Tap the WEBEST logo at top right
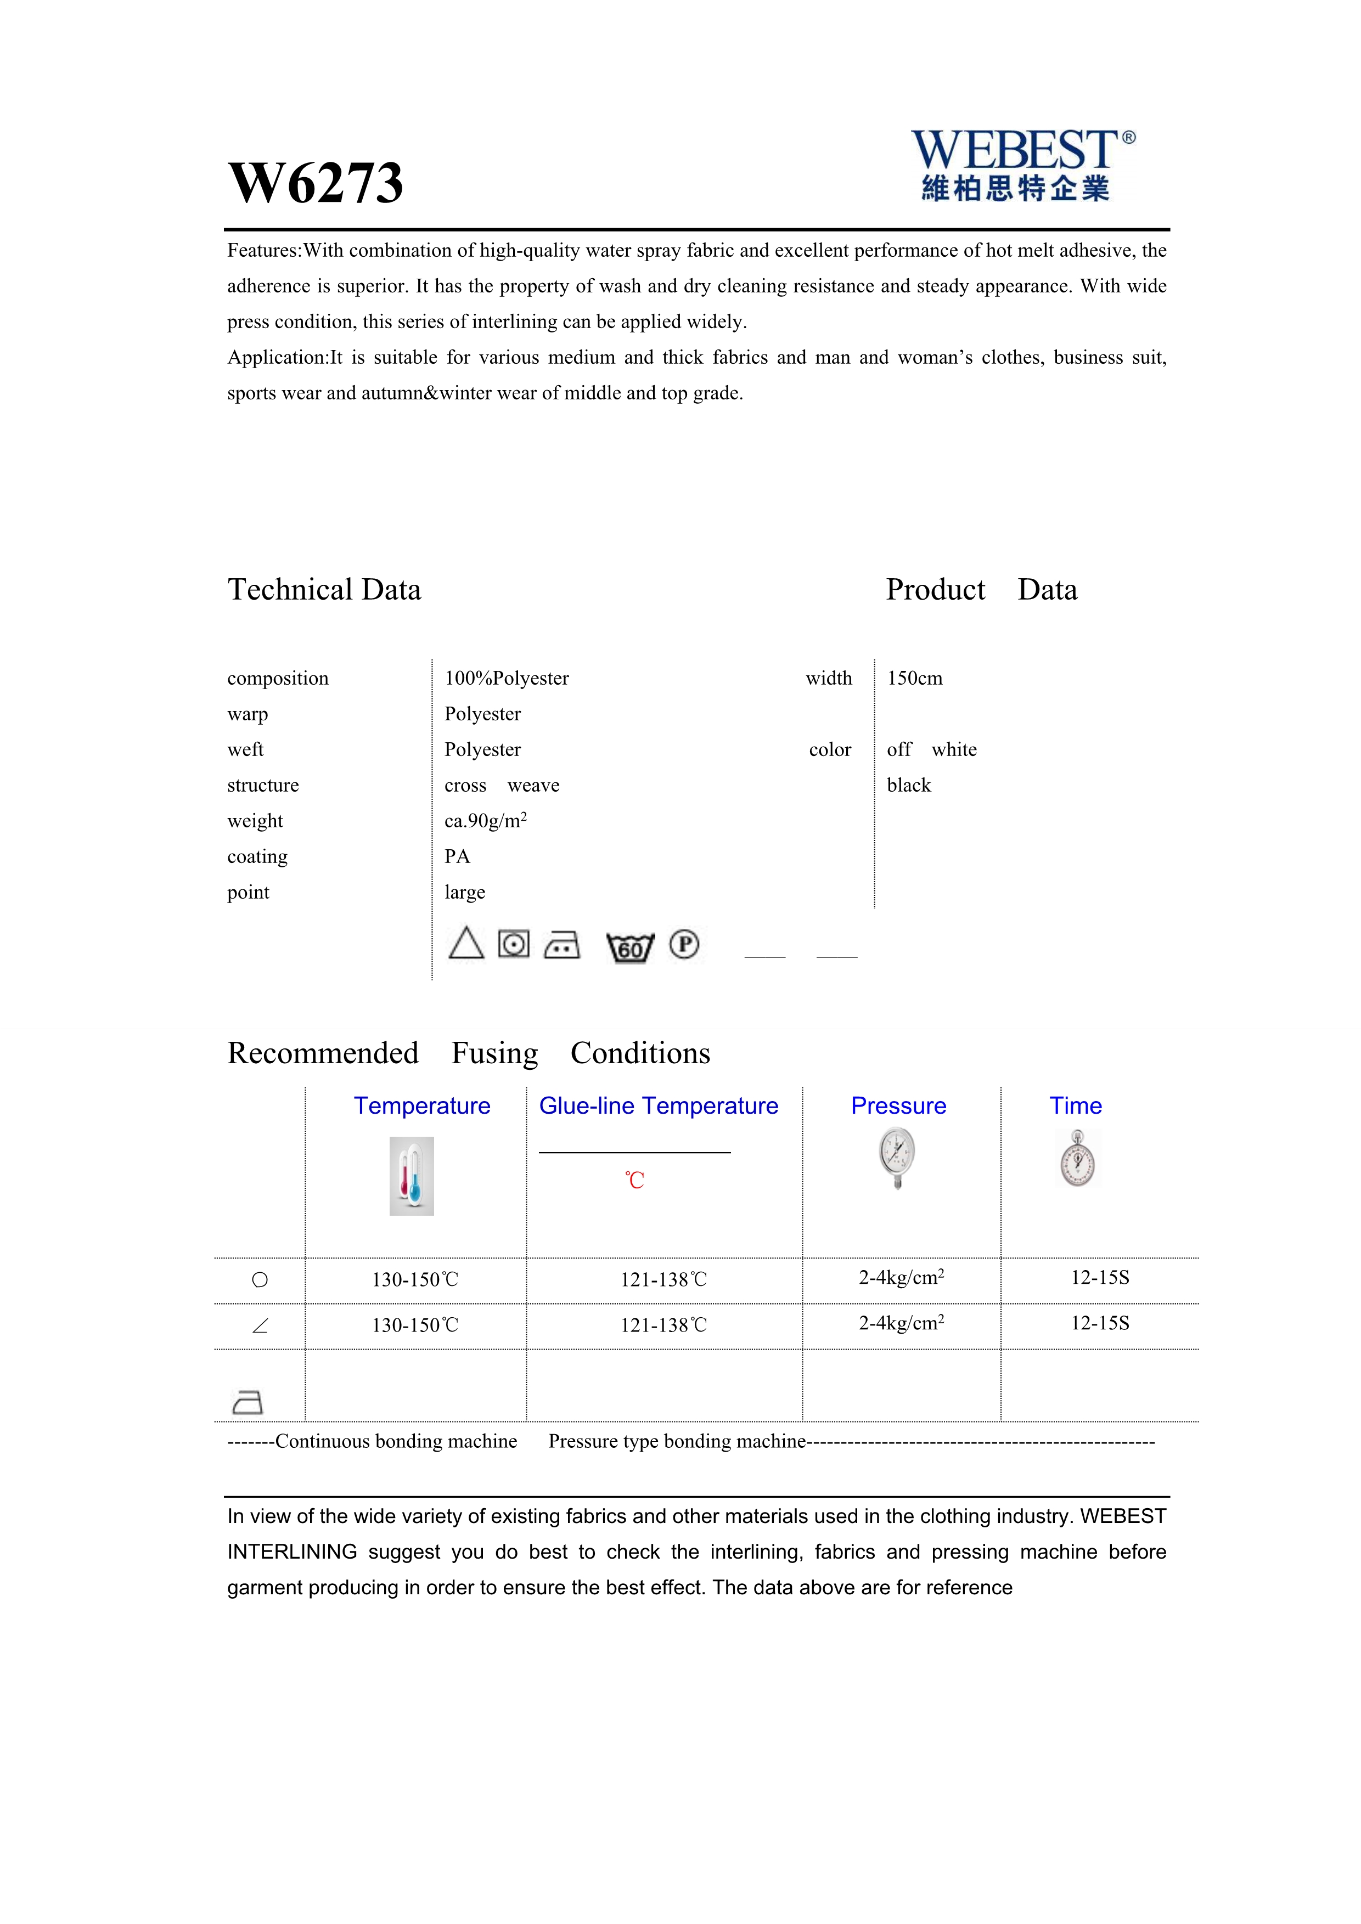pyautogui.click(x=1022, y=165)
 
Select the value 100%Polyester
pyautogui.click(x=506, y=678)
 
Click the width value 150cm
pyautogui.click(x=914, y=678)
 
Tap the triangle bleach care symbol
pyautogui.click(x=466, y=944)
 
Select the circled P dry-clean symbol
pyautogui.click(x=684, y=944)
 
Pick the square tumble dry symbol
pyautogui.click(x=514, y=944)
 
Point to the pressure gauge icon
pyautogui.click(x=897, y=1157)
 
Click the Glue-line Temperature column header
pyautogui.click(x=658, y=1106)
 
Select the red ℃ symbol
pyautogui.click(x=634, y=1181)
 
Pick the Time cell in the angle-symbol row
pyautogui.click(x=1100, y=1323)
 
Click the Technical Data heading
pyautogui.click(x=324, y=590)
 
